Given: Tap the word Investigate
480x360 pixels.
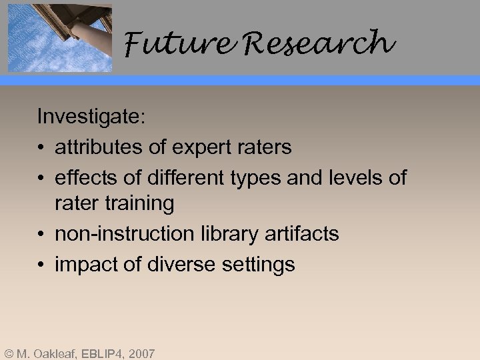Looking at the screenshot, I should [91, 117].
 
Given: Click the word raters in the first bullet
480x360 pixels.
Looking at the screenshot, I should [263, 147].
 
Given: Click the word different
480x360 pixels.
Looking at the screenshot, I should [177, 178].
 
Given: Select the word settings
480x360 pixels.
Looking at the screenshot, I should [260, 265].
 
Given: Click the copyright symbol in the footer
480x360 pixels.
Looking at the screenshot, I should [8, 353].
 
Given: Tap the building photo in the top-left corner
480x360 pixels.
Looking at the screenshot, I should [59, 37].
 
